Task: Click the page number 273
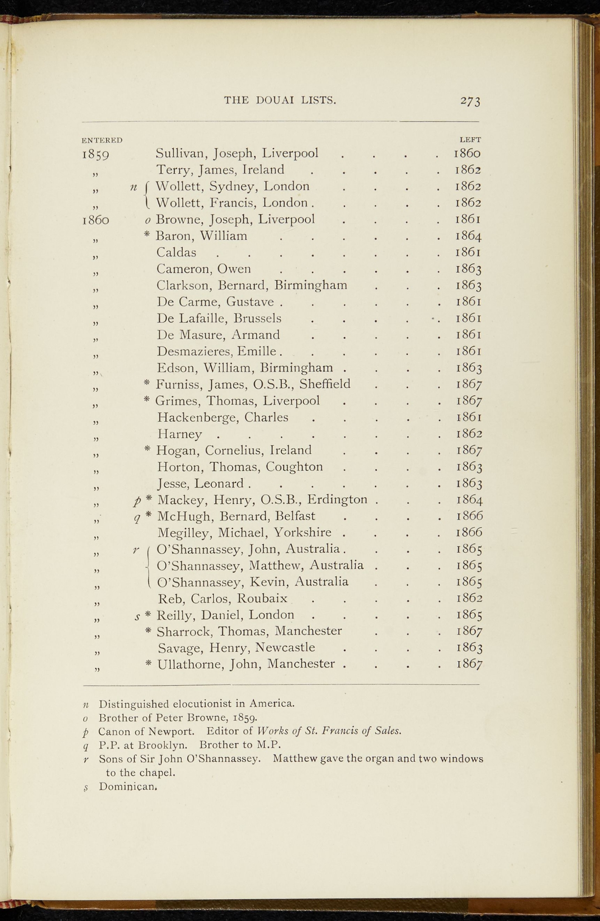(x=470, y=101)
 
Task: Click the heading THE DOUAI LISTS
(x=280, y=100)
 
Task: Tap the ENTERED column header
(x=102, y=140)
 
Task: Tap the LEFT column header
(x=470, y=140)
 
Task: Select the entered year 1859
(x=96, y=155)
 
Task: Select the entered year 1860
(x=96, y=220)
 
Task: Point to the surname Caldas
(x=176, y=253)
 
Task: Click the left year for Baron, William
(x=469, y=236)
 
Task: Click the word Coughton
(x=294, y=467)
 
